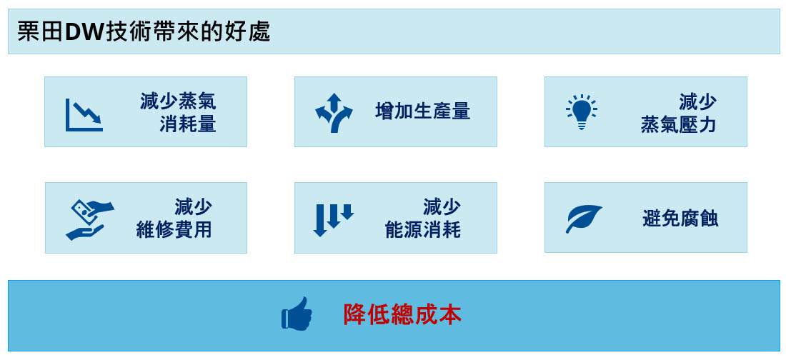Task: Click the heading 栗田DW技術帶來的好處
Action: (144, 32)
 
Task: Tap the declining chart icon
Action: (84, 115)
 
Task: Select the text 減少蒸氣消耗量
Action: (178, 112)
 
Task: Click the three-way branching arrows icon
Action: (334, 112)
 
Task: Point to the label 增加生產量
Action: (422, 111)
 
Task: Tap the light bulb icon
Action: (582, 112)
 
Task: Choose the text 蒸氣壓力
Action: (678, 125)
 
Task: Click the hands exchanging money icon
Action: (90, 219)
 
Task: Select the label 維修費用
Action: (174, 230)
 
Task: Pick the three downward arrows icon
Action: (334, 219)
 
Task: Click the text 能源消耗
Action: (423, 230)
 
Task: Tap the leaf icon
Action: (584, 219)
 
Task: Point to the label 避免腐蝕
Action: (680, 219)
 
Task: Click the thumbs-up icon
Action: (297, 314)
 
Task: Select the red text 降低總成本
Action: (402, 314)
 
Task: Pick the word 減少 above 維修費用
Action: (193, 206)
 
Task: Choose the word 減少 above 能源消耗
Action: (442, 206)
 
